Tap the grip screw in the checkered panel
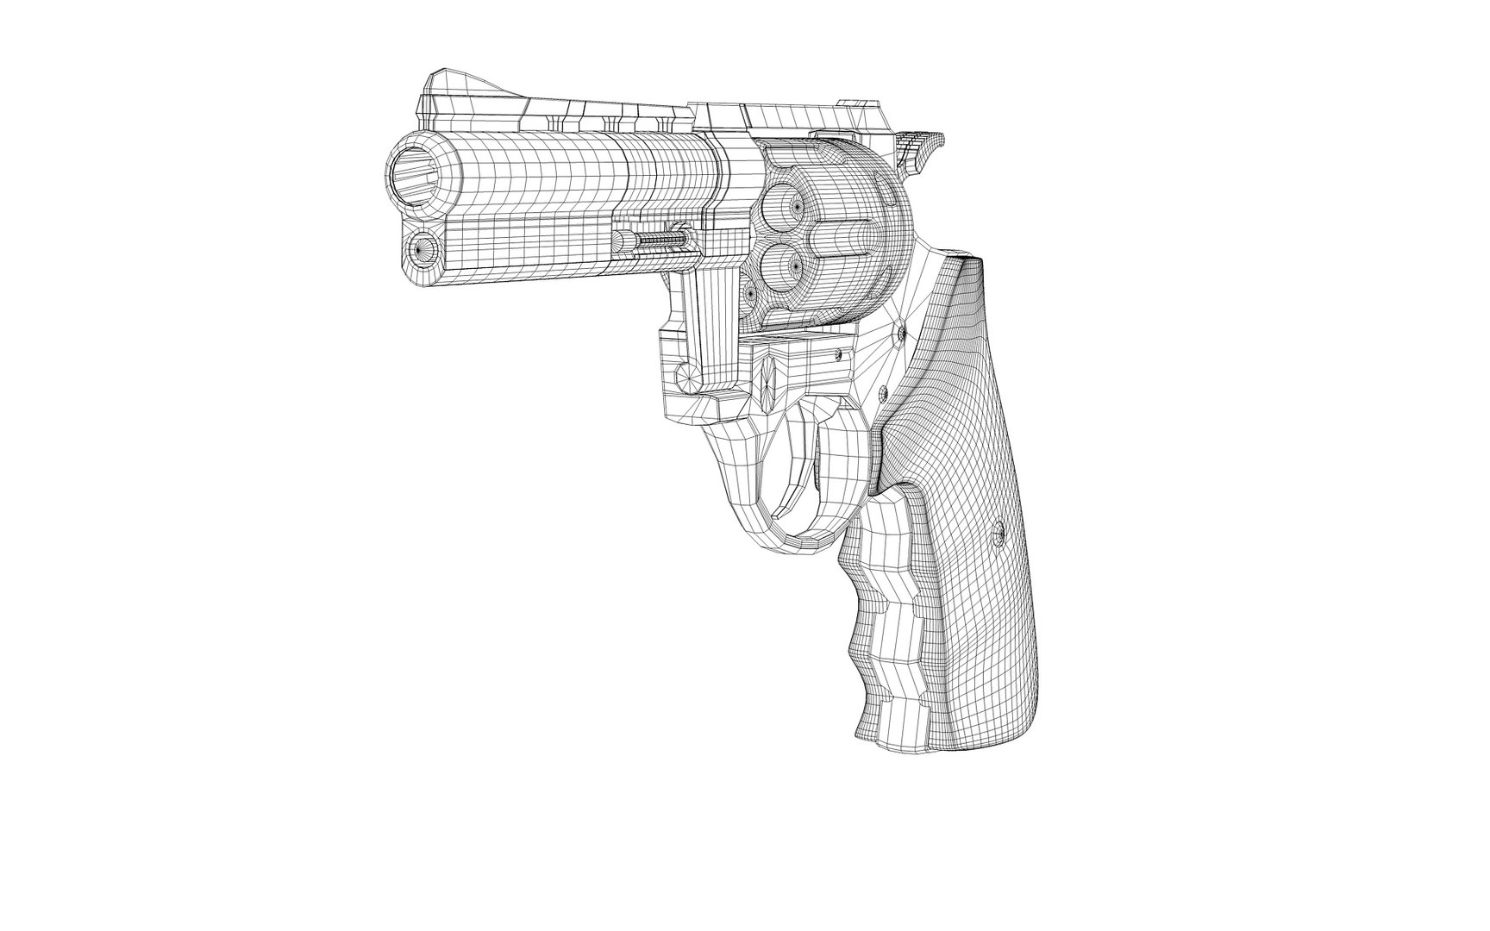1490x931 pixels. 999,534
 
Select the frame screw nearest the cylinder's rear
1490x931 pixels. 902,331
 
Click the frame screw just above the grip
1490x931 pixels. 882,393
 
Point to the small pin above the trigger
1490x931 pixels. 837,353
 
